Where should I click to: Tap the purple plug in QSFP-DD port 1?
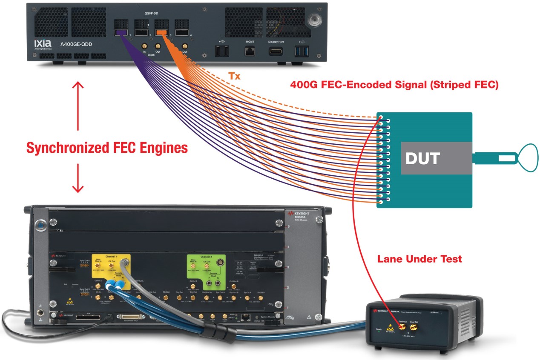pos(121,32)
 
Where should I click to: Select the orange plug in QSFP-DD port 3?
pos(161,32)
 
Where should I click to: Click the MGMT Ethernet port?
pos(250,51)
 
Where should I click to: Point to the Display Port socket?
pos(276,51)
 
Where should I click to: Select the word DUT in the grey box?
pos(422,158)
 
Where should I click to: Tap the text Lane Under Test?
pos(419,259)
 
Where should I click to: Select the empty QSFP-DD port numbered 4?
pos(181,31)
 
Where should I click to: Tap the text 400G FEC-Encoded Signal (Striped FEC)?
pos(394,85)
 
